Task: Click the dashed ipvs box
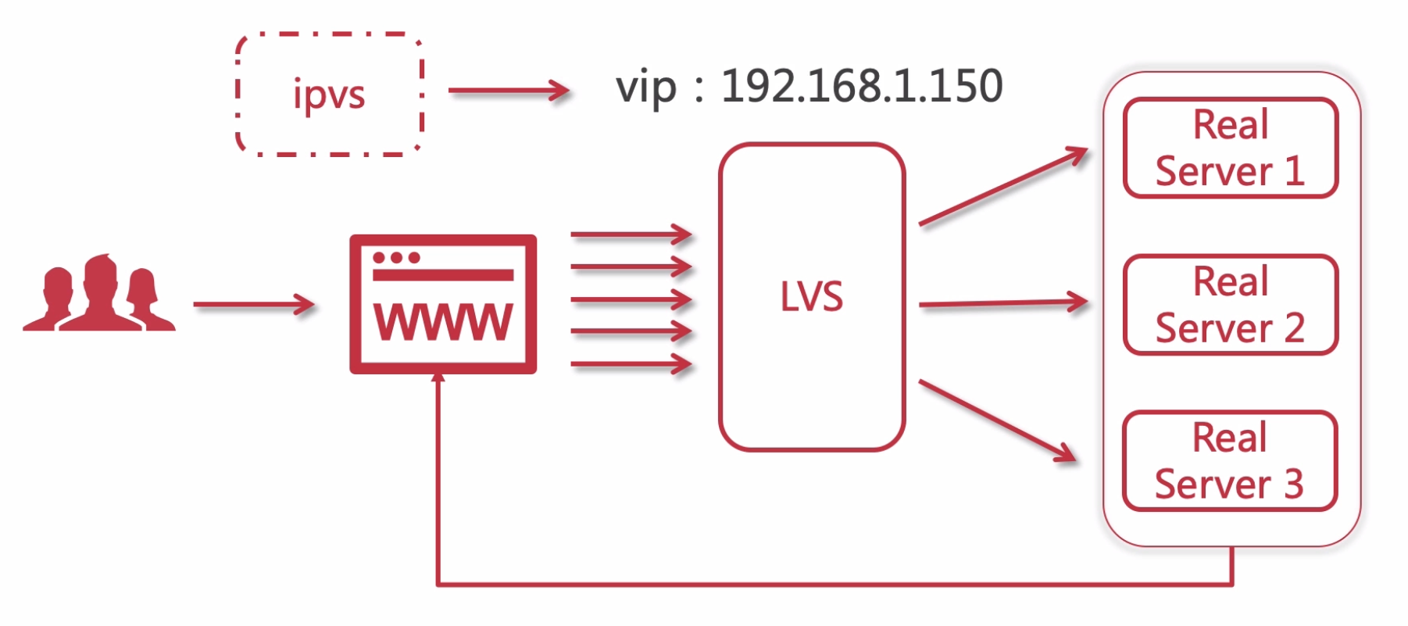click(x=329, y=95)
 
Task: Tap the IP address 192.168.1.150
click(x=861, y=86)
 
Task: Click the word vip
click(x=645, y=88)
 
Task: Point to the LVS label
click(x=812, y=297)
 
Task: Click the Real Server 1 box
click(x=1230, y=148)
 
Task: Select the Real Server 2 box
click(x=1230, y=305)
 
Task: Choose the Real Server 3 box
click(x=1229, y=461)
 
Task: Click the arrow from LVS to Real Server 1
click(x=1003, y=186)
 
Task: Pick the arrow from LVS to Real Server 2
click(x=1003, y=303)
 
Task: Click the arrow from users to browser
click(x=253, y=305)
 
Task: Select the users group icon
click(x=99, y=295)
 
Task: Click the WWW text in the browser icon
click(x=443, y=322)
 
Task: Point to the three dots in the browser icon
click(x=396, y=258)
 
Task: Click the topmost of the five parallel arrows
click(x=631, y=234)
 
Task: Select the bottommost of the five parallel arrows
click(x=631, y=364)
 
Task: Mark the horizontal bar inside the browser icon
click(x=443, y=275)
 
